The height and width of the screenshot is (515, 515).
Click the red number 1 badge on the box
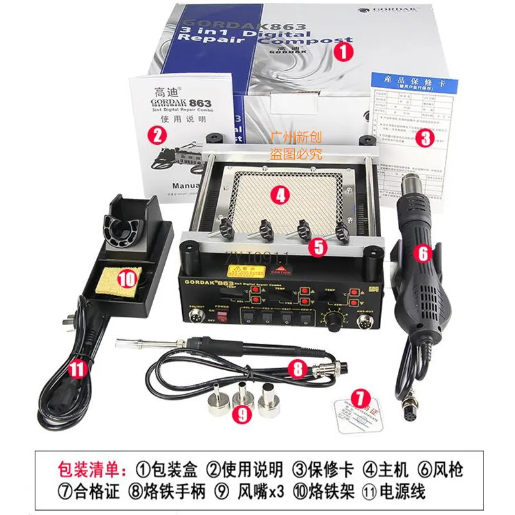coord(345,51)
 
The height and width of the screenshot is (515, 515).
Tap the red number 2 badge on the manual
coord(156,135)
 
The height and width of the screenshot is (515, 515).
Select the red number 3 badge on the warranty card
coord(424,136)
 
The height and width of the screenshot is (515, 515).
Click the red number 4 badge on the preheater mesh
coord(278,195)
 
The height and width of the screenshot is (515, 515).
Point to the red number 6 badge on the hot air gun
coord(423,253)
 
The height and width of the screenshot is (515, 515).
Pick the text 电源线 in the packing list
coord(406,492)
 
